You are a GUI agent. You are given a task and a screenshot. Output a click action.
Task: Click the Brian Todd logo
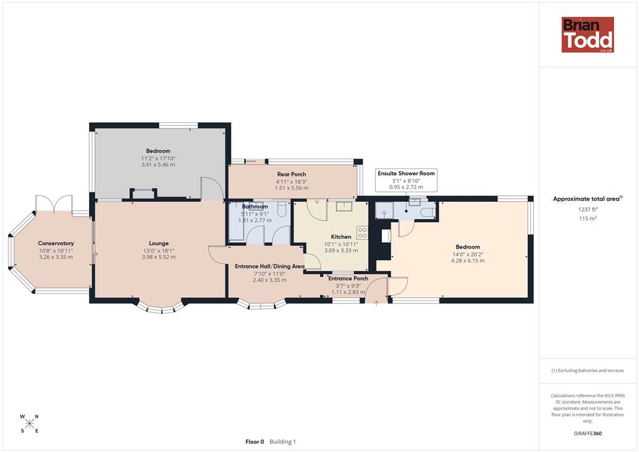(x=588, y=34)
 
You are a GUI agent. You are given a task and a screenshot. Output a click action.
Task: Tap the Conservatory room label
(x=56, y=243)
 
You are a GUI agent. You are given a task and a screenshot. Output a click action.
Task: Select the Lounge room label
(x=159, y=243)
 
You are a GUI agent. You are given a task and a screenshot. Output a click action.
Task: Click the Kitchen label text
(x=341, y=237)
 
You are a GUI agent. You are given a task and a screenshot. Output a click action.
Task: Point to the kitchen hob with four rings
(x=363, y=233)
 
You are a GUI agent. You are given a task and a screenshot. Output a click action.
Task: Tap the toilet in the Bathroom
(x=281, y=209)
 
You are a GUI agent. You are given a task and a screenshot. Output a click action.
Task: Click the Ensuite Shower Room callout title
(x=406, y=173)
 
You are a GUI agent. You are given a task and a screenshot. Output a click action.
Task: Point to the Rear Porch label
(x=291, y=174)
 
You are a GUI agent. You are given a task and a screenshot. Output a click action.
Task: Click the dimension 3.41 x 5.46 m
(x=158, y=165)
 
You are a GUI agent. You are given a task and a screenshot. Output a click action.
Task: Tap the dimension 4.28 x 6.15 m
(x=468, y=260)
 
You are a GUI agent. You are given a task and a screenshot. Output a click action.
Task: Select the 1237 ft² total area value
(x=587, y=210)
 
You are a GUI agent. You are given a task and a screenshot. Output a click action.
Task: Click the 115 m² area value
(x=588, y=219)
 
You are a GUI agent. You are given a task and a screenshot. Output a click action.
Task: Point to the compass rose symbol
(x=29, y=423)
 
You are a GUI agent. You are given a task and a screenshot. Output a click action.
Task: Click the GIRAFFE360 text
(x=588, y=433)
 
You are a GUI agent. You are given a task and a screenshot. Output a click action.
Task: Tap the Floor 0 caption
(x=255, y=442)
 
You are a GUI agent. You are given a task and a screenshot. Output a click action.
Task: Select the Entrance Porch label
(x=348, y=278)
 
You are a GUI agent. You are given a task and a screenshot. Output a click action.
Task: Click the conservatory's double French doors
(x=54, y=204)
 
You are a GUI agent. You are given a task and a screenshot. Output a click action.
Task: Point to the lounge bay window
(x=159, y=308)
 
